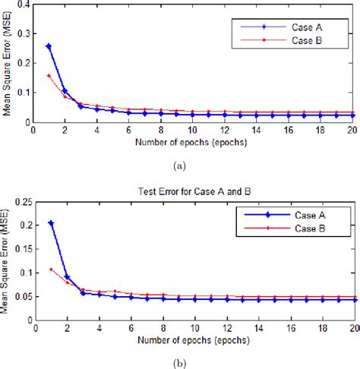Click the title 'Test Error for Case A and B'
[x=194, y=193]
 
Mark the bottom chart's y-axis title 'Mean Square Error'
[x=7, y=262]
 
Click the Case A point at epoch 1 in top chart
[x=49, y=46]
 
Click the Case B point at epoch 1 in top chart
[x=49, y=75]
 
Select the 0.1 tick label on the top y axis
[x=24, y=93]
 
